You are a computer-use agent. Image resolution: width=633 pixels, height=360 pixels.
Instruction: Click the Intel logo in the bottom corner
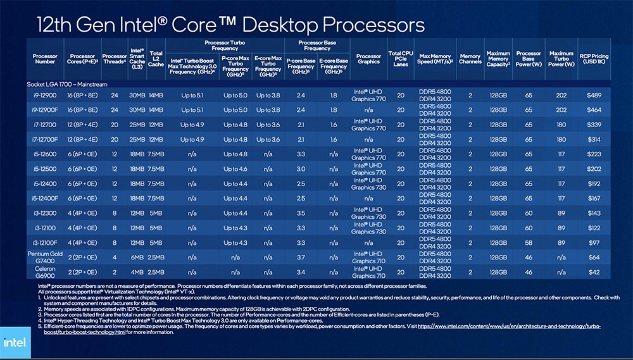pos(15,343)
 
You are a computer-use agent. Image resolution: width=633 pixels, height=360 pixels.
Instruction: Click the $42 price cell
pos(593,272)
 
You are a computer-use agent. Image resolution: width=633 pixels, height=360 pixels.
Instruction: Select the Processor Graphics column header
pos(368,59)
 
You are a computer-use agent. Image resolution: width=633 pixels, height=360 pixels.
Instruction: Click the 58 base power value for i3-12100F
pos(528,242)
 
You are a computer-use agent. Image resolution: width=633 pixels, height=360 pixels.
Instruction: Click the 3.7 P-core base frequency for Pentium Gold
pos(300,258)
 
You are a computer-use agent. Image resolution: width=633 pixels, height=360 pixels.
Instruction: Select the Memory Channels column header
pos(470,59)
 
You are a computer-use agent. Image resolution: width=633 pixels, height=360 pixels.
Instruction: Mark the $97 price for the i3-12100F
pos(593,242)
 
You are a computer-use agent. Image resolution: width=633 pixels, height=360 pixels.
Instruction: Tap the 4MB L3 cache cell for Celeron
pos(137,272)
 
